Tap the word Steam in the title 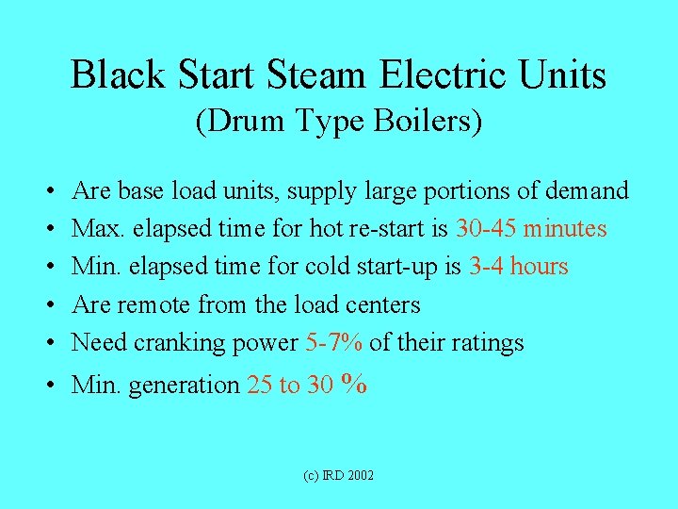315,75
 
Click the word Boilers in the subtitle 429,123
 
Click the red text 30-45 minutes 531,229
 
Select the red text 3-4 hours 518,267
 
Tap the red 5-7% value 334,342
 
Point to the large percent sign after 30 354,383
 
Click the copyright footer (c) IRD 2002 338,475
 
